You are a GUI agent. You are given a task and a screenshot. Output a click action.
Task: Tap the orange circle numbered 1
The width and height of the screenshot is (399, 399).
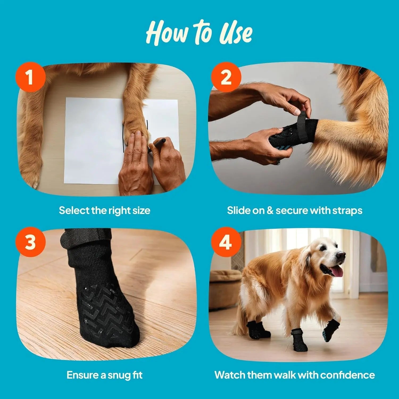click(30, 77)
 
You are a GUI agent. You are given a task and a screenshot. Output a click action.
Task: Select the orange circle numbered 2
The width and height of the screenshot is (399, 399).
click(226, 77)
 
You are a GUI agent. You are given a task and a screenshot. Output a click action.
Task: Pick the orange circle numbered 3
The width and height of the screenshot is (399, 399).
click(30, 242)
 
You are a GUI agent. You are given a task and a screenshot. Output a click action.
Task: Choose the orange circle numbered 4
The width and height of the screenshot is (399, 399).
click(226, 242)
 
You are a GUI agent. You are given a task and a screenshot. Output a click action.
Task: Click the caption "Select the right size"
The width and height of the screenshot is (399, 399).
click(105, 210)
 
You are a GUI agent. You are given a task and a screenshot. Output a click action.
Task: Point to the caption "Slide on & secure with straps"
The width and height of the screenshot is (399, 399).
click(294, 210)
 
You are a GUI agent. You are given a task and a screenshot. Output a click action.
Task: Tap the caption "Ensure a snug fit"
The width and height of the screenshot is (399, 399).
click(105, 375)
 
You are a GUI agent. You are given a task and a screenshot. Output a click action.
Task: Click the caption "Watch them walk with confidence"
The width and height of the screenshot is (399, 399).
click(294, 375)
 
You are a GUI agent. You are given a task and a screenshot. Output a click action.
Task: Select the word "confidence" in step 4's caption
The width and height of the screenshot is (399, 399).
click(347, 375)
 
